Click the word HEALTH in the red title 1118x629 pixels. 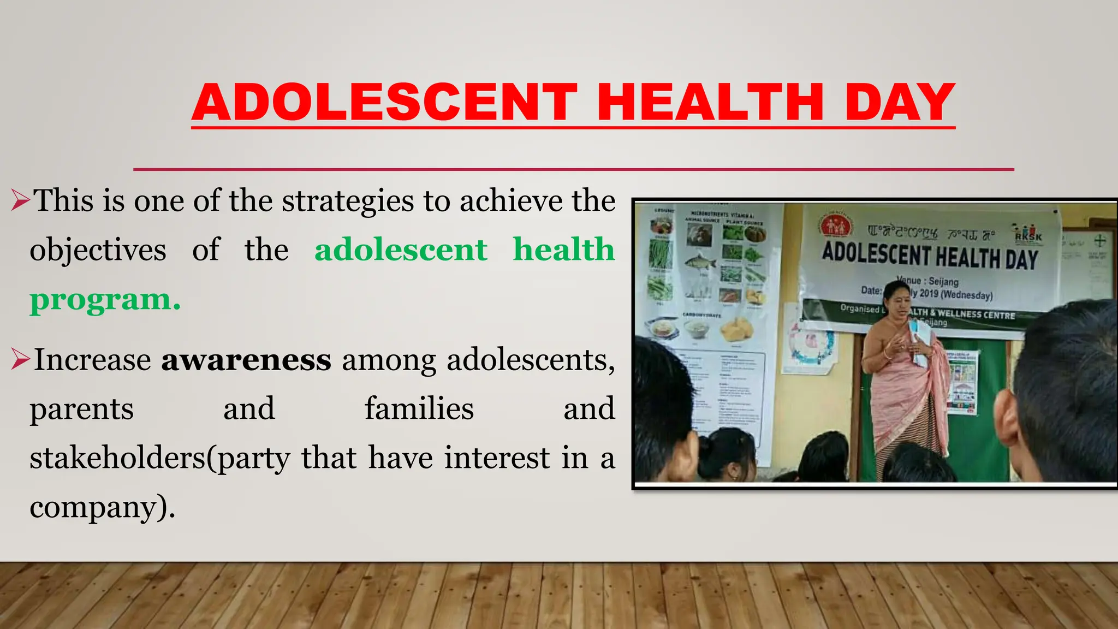click(x=710, y=102)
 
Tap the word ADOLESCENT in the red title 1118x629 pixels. click(x=384, y=102)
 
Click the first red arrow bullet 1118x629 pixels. click(x=20, y=201)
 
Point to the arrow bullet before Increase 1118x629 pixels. click(x=20, y=360)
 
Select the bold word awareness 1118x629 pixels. click(x=246, y=360)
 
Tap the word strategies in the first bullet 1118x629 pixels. click(x=348, y=201)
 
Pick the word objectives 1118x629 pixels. click(x=98, y=250)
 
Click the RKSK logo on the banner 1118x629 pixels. click(x=1028, y=234)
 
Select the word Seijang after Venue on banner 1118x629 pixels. click(x=944, y=282)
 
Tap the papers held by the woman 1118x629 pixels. click(x=920, y=341)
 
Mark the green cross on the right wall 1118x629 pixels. click(x=1099, y=241)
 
